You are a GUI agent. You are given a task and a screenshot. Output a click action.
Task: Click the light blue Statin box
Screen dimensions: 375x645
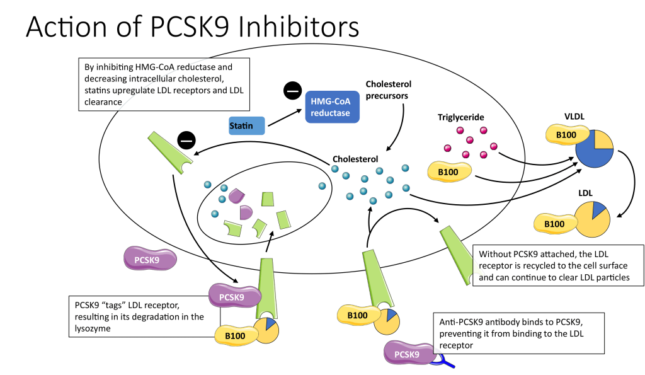(246, 126)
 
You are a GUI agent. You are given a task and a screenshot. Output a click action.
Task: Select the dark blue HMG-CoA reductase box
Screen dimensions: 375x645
(336, 106)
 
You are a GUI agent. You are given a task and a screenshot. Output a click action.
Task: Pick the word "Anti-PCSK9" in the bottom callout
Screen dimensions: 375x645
(461, 321)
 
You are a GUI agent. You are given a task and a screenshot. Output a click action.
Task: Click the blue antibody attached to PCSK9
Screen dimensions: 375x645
(444, 360)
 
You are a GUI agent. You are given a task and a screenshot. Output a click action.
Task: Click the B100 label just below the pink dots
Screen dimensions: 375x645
(447, 171)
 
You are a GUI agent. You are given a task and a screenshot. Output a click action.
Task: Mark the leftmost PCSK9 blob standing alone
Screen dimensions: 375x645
(150, 259)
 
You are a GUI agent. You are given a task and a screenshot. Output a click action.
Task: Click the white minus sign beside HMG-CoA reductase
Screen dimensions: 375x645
(293, 92)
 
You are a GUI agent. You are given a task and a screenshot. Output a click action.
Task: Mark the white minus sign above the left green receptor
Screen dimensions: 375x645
(186, 141)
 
